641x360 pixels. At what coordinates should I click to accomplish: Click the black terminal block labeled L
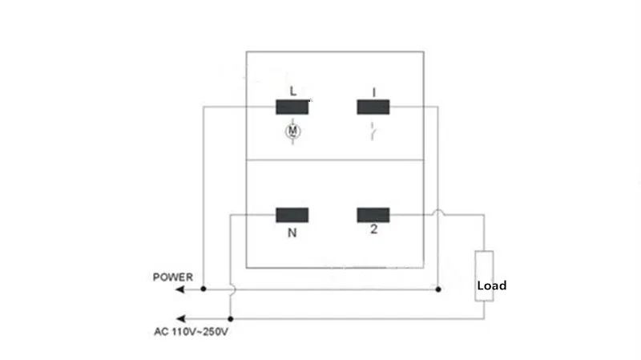[292, 107]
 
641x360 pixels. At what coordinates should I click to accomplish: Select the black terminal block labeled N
[292, 215]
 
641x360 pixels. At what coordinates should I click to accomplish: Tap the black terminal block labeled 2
[373, 215]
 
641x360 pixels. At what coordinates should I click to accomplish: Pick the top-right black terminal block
[373, 107]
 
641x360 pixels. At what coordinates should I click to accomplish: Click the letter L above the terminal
[292, 91]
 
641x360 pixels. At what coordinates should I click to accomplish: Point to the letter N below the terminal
[292, 233]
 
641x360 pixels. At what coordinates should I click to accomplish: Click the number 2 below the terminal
[373, 229]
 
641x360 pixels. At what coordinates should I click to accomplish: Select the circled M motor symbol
[292, 131]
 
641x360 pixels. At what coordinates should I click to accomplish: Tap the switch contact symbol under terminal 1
[373, 131]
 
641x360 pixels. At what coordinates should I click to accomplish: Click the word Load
[492, 285]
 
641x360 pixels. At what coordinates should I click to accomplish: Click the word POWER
[173, 277]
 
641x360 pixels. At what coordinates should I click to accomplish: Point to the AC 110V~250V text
[191, 332]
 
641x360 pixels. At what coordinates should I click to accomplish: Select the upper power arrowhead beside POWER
[179, 289]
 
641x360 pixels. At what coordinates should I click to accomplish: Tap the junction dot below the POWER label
[204, 289]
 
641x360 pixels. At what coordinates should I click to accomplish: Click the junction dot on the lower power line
[231, 318]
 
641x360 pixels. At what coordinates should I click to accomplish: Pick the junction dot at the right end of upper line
[438, 289]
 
